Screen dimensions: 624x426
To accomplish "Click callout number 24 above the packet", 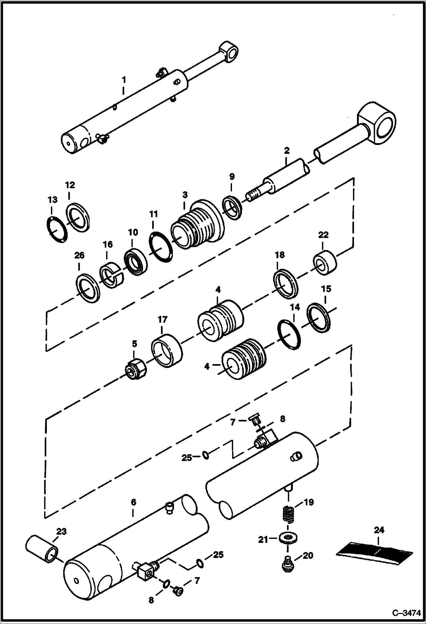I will pos(379,530).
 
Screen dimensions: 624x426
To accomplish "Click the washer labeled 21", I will pos(289,538).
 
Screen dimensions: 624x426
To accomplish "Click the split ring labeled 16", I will pos(111,275).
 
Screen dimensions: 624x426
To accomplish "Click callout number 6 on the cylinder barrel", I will pos(133,502).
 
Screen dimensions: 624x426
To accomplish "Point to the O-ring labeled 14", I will pos(289,334).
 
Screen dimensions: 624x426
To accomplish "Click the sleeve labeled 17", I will pos(166,350).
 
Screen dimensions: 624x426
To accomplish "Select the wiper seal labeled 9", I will pos(233,208).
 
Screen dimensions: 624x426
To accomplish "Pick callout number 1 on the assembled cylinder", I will pos(124,80).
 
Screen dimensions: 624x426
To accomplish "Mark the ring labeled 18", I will pos(286,284).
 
